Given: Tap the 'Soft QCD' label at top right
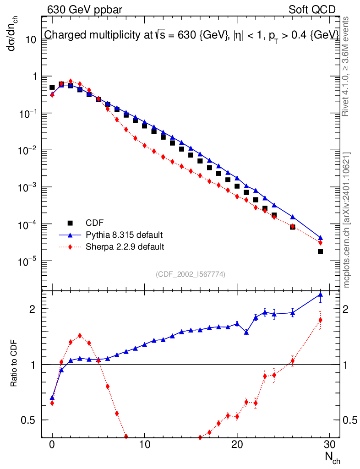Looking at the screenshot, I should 312,9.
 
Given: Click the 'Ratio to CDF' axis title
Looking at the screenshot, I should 14,364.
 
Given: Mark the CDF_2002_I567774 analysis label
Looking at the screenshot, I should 191,274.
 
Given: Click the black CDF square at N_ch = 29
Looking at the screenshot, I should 320,252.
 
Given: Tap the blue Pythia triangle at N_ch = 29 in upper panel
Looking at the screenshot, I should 320,238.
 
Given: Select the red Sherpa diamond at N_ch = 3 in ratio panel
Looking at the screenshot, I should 80,335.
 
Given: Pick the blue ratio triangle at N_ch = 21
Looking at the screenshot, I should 246,333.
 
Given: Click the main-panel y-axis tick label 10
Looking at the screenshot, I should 31,40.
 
